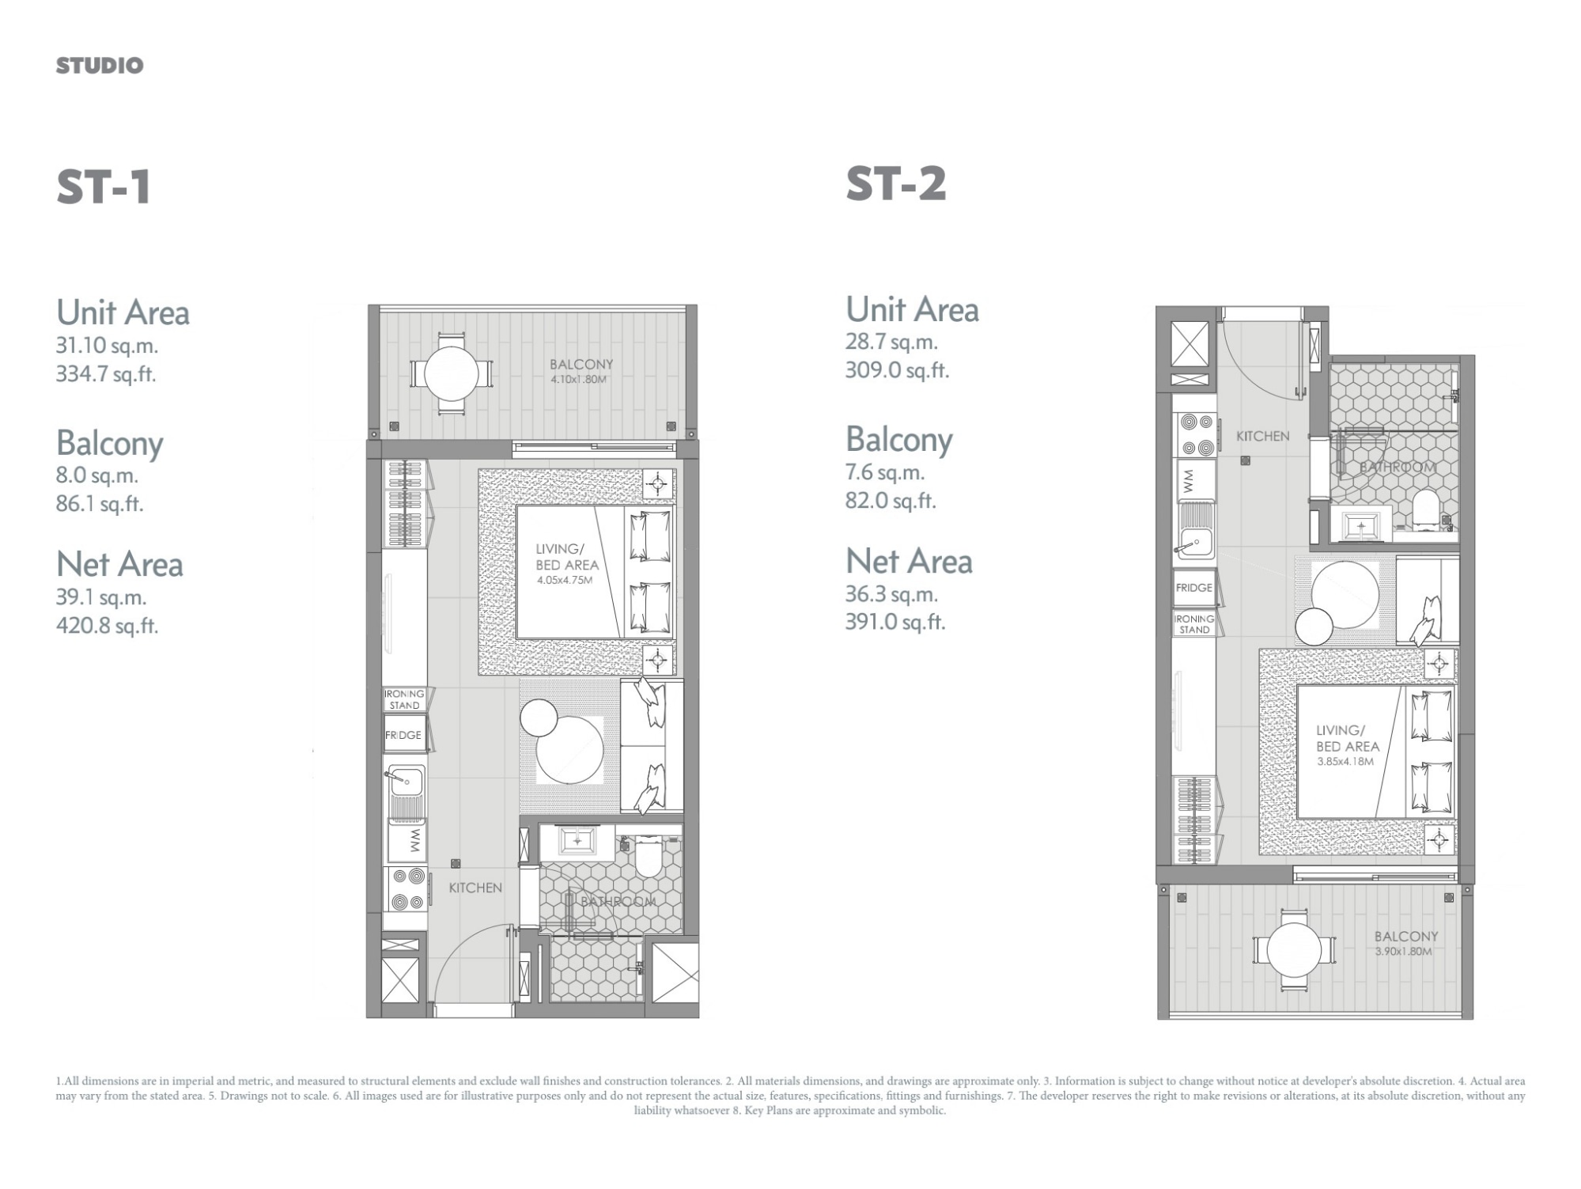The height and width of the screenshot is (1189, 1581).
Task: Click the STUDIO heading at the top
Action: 100,66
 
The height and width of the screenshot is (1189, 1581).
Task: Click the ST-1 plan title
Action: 104,187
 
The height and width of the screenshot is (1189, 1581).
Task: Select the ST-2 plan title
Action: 896,184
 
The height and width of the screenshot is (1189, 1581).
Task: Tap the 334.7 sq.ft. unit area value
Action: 106,373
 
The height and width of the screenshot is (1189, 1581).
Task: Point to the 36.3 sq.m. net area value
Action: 891,594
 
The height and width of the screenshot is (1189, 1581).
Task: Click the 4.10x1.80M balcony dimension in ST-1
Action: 579,380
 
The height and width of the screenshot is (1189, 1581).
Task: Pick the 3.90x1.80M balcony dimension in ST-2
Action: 1403,952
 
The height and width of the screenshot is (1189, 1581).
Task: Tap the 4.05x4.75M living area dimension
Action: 565,580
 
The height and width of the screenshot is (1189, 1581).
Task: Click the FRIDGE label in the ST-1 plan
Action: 403,735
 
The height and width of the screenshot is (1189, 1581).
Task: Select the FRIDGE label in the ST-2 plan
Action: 1194,588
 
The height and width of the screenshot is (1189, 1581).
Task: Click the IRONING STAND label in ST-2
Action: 1194,624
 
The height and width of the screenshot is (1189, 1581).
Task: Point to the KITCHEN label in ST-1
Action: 475,888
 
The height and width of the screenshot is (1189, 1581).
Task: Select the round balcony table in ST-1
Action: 451,372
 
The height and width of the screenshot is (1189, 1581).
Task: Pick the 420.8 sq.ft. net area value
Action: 107,626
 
